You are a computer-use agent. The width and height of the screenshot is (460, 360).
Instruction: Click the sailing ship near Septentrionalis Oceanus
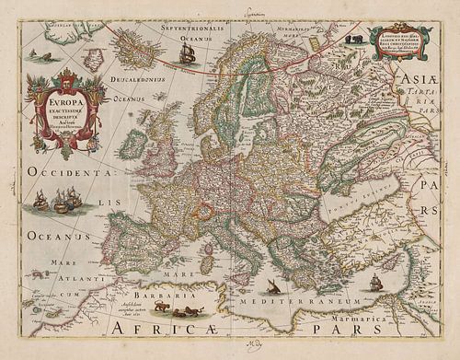click(x=187, y=52)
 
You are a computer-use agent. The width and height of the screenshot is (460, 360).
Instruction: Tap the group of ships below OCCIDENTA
click(x=58, y=200)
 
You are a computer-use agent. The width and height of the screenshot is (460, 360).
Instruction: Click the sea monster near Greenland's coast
click(x=33, y=56)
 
